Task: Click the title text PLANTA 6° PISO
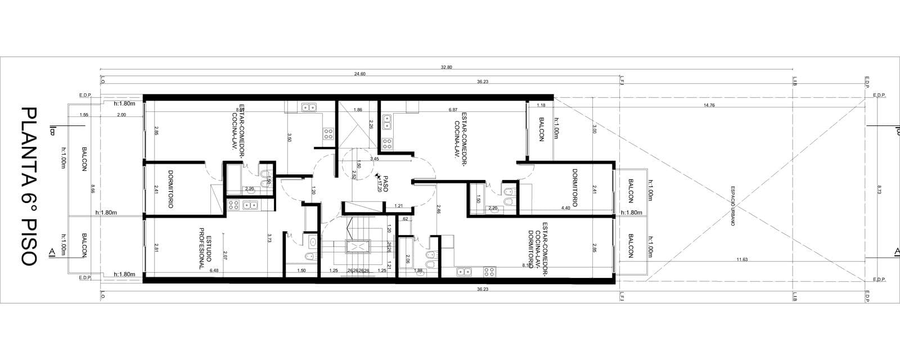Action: pos(28,186)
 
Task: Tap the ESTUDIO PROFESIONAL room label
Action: pos(204,248)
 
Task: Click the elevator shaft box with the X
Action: pos(357,247)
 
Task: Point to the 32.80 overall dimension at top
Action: pos(446,67)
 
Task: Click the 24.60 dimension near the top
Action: pos(359,74)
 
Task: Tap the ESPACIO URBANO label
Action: pos(733,206)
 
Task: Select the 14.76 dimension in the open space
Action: pos(709,106)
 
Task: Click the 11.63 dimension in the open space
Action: pos(741,259)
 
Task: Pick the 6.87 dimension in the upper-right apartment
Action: pos(453,110)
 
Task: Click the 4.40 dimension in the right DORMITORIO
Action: pos(565,209)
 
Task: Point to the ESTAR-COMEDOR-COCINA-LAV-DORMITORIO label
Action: pos(537,248)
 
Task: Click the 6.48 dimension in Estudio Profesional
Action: pos(214,271)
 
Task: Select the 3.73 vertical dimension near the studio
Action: pos(269,238)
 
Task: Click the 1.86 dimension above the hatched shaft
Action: pos(358,110)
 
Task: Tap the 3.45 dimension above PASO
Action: pos(375,159)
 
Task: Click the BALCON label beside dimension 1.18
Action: pos(541,129)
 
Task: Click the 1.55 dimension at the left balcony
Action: pos(84,115)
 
